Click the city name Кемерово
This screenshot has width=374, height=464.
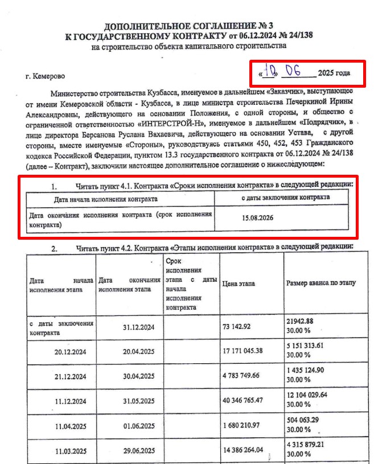pos(50,76)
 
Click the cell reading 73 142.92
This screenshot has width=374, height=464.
pos(241,326)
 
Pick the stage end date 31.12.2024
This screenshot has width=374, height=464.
pos(139,327)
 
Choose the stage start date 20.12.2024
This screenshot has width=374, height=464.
pos(70,352)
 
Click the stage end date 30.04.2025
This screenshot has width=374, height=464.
pos(139,376)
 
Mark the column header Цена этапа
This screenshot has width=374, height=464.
pos(239,284)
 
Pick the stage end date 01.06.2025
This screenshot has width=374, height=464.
pos(139,426)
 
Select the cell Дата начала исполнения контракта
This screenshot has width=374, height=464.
pos(106,199)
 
